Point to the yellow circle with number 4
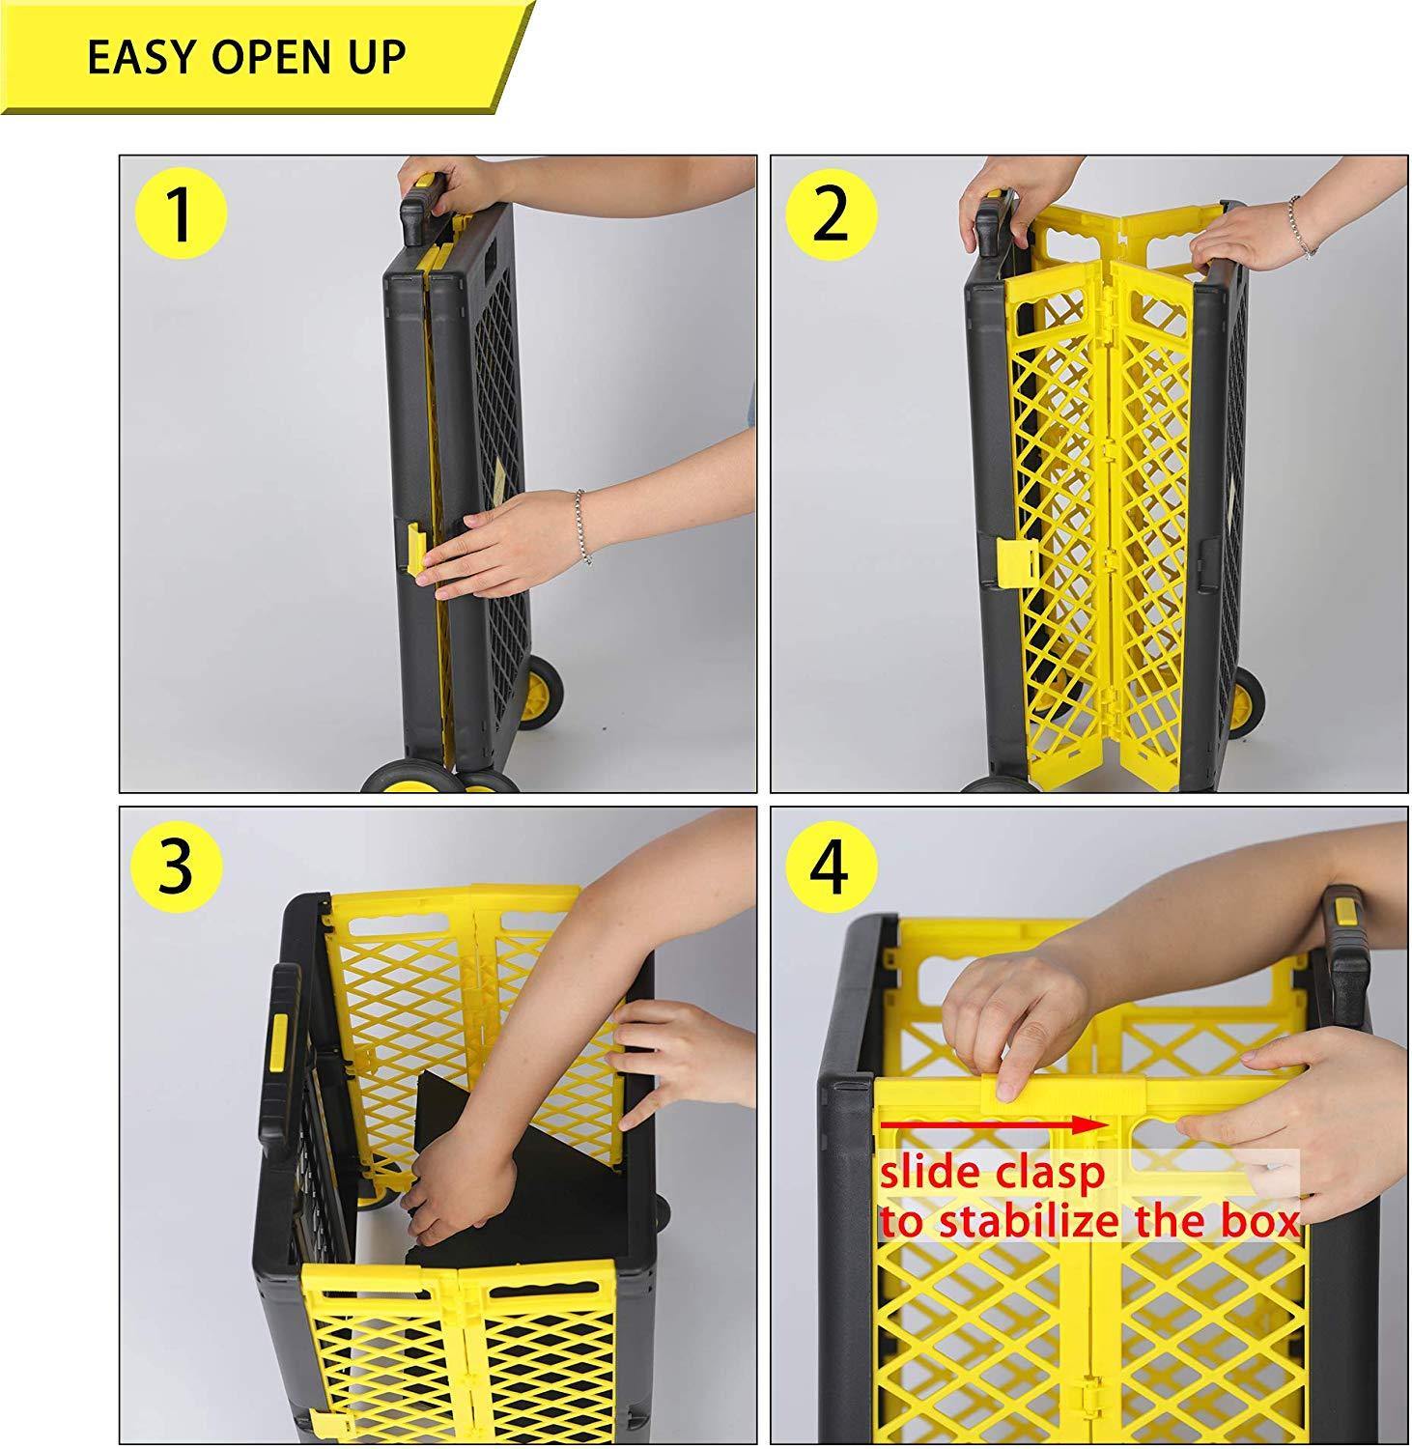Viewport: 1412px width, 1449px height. click(830, 866)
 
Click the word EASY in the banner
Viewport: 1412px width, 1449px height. click(145, 59)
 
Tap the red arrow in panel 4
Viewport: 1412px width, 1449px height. click(990, 1123)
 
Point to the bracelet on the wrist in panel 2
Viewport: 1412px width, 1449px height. click(1300, 226)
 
